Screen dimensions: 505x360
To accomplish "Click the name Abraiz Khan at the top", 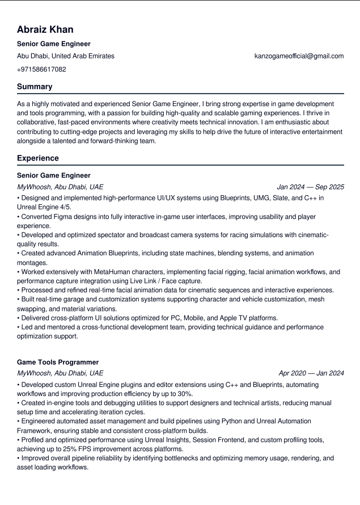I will tap(45, 30).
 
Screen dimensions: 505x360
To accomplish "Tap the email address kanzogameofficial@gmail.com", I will tap(299, 56).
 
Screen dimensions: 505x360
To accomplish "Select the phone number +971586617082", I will tap(41, 69).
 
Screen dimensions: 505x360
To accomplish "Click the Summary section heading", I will tap(35, 87).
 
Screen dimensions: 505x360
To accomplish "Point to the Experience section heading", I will tap(38, 158).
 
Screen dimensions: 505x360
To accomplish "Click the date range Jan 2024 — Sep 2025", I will tap(310, 187).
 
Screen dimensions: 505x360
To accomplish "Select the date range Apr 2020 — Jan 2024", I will tap(311, 373).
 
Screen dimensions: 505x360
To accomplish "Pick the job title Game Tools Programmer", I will tap(58, 362).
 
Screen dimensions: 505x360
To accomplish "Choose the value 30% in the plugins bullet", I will tap(185, 394).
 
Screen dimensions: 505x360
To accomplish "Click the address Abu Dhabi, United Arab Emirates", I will tap(66, 56).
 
